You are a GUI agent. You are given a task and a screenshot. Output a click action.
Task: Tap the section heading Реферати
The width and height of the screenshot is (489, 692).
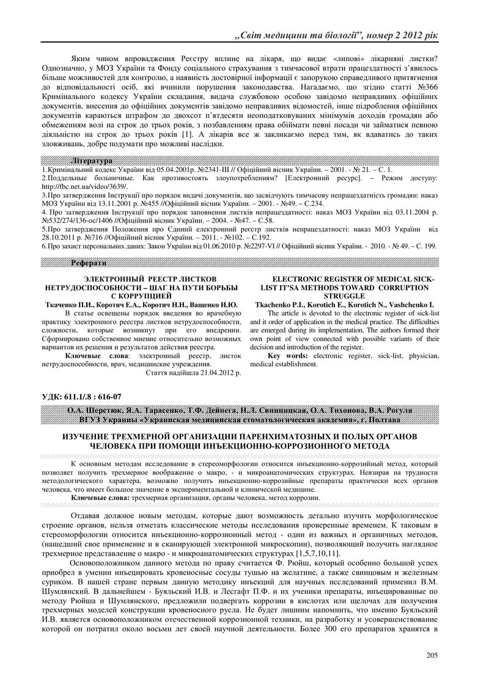coord(89,263)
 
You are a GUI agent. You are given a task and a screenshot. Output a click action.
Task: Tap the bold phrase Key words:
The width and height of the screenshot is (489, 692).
coord(287,355)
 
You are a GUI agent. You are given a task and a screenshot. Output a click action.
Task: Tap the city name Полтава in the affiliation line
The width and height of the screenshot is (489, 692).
coord(397,420)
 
